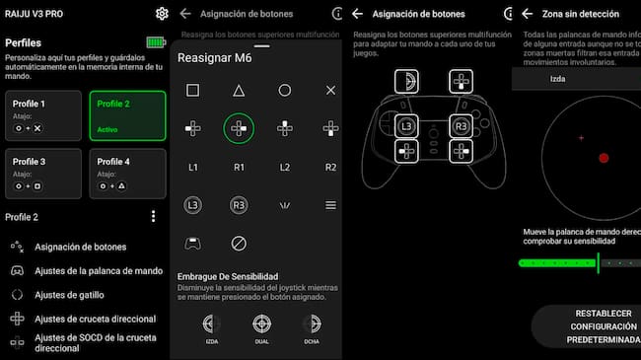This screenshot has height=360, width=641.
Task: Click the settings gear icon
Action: click(162, 13)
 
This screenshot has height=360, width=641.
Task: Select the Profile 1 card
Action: click(43, 114)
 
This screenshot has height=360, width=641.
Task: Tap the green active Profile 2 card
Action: click(127, 114)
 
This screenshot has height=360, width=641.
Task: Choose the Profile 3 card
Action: click(43, 172)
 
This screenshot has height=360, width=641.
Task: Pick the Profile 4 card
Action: click(127, 172)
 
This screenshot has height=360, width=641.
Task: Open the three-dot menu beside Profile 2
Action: click(153, 217)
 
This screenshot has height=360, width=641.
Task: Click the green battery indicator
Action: click(156, 42)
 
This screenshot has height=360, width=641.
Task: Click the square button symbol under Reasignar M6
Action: click(193, 90)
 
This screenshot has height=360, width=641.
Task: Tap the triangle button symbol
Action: click(239, 90)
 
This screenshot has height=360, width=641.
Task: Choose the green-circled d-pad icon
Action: click(239, 128)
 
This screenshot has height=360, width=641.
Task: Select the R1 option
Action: click(239, 168)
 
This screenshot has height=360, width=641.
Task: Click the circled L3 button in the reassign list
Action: click(193, 205)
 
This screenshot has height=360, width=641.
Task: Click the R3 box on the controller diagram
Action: click(461, 125)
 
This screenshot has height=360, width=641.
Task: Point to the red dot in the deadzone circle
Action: click(604, 158)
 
